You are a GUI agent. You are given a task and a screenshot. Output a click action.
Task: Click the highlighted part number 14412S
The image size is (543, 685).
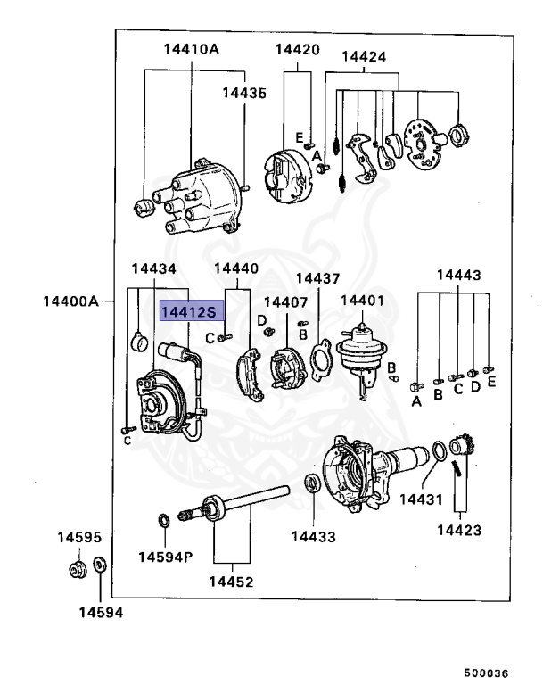point(190,311)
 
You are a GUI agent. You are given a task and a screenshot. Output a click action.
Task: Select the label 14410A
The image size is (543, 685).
point(191,50)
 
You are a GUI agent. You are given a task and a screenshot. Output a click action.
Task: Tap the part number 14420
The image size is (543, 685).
point(296,50)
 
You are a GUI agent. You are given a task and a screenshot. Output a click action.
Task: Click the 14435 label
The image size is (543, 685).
point(244,92)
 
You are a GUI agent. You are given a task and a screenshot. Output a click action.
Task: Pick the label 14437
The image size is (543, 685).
point(317,277)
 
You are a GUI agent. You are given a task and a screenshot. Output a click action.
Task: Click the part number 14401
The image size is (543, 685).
point(363,300)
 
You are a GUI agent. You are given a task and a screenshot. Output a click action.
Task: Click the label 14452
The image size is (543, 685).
point(231,582)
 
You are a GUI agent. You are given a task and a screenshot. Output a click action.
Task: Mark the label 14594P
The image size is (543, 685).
point(165,557)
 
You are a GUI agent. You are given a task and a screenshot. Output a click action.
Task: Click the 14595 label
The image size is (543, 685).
point(80,539)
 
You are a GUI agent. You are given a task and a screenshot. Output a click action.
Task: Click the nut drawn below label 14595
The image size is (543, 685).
point(77,568)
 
